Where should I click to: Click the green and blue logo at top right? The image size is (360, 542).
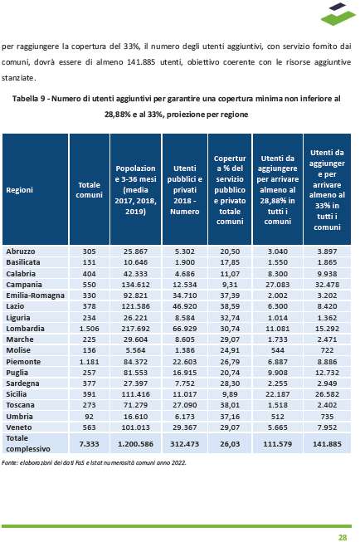tap(338, 14)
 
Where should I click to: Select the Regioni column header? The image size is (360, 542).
tap(19, 190)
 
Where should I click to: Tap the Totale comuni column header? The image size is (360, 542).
tap(89, 190)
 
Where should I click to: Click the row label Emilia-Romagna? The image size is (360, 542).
tap(35, 295)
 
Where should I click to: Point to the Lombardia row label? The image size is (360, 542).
tap(25, 329)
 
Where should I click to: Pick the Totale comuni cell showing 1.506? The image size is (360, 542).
tap(89, 329)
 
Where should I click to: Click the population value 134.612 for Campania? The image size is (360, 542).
tap(135, 285)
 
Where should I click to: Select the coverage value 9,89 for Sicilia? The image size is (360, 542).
tap(230, 394)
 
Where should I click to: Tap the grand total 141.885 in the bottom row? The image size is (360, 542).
tap(327, 443)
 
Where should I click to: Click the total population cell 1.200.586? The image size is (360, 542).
tap(135, 443)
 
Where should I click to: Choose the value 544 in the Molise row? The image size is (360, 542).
tap(277, 350)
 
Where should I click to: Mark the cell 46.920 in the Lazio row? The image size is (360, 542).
tap(184, 306)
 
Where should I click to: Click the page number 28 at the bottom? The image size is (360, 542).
tap(343, 537)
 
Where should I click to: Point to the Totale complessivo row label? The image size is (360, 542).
tap(28, 443)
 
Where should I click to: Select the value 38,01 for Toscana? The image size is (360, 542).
tap(230, 405)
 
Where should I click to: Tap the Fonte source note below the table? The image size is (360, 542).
tap(94, 462)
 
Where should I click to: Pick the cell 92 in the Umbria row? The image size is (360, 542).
tap(89, 416)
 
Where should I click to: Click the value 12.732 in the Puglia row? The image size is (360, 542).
tap(327, 373)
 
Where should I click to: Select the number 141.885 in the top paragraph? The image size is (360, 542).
tap(142, 62)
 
